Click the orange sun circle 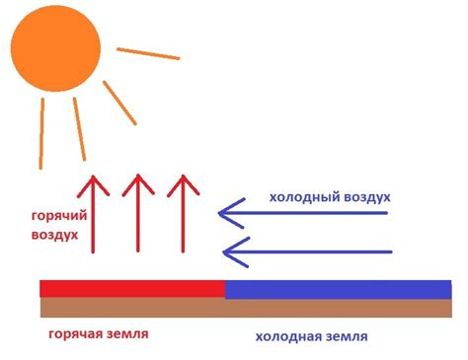[55, 49]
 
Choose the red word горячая [76, 334]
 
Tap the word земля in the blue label [345, 336]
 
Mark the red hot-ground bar [131, 288]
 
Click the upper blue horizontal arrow [306, 210]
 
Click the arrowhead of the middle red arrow [138, 182]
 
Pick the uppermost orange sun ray [148, 53]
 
